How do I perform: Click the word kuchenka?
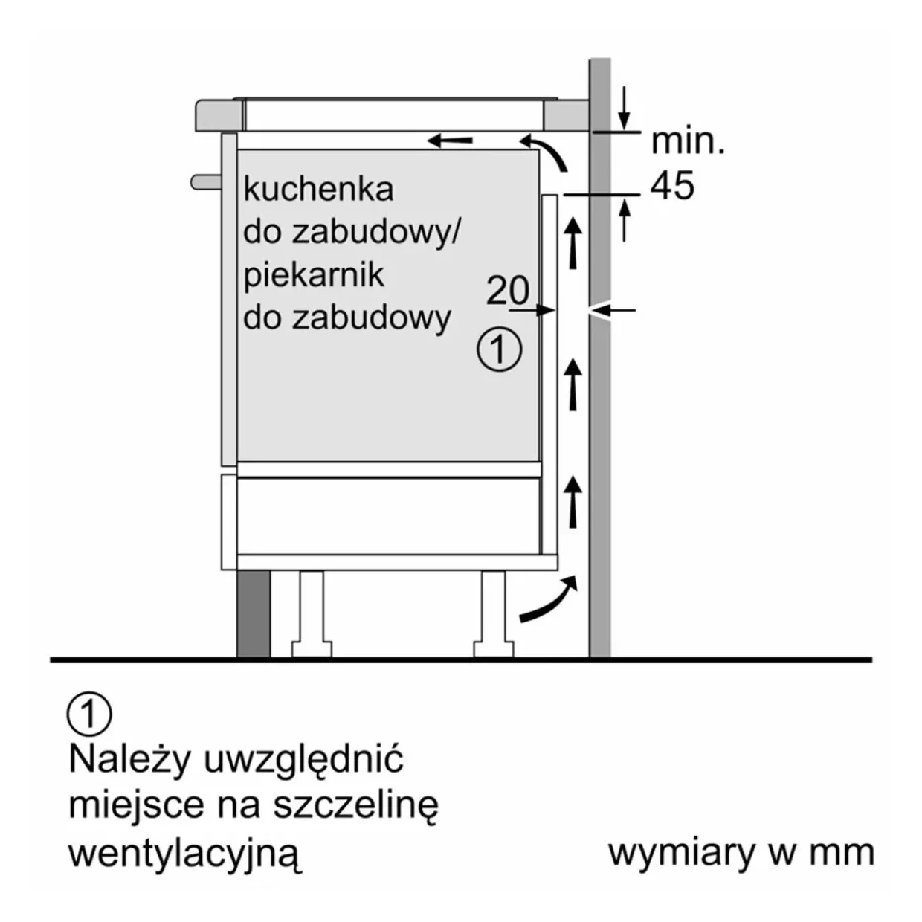coord(319,190)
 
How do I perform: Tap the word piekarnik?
coord(314,276)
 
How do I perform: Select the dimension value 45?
coord(672,185)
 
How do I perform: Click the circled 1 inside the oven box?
coord(499,350)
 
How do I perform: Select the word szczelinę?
coord(355,805)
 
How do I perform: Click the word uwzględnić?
coord(304,761)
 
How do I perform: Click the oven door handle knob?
coord(206,182)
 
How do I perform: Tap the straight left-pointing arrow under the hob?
coord(450,141)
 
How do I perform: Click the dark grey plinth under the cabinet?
coord(253,614)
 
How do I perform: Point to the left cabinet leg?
coord(312,614)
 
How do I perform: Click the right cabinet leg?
coord(493,614)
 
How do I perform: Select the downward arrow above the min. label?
coord(624,109)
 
